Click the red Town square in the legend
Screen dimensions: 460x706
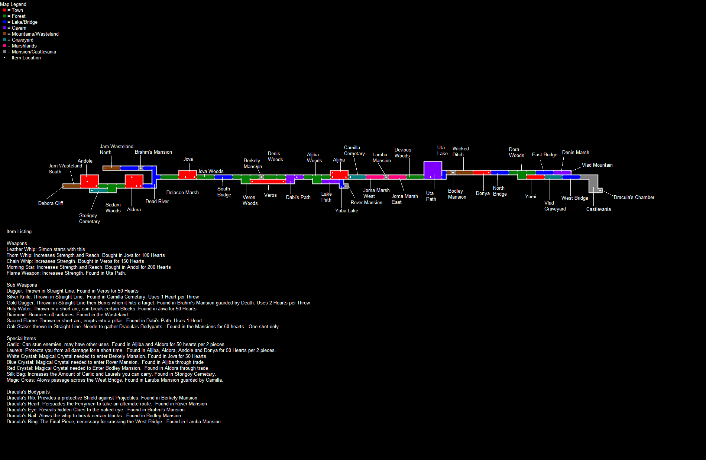pyautogui.click(x=4, y=10)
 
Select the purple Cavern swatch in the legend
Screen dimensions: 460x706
pyautogui.click(x=4, y=28)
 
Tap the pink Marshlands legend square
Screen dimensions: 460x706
pyautogui.click(x=4, y=46)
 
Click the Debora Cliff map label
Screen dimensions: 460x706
pyautogui.click(x=51, y=203)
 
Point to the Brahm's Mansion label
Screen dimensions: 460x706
pyautogui.click(x=153, y=152)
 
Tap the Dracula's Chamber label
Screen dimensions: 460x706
pyautogui.click(x=634, y=198)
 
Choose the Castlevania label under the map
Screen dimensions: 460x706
pyautogui.click(x=598, y=209)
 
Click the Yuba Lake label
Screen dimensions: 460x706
pyautogui.click(x=346, y=211)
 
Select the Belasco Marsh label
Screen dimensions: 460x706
pyautogui.click(x=182, y=193)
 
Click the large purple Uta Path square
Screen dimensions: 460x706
pyautogui.click(x=433, y=170)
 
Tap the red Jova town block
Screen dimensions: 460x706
pyautogui.click(x=187, y=174)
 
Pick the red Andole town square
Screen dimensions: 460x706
pyautogui.click(x=89, y=181)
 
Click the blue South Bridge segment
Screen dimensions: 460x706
pyautogui.click(x=223, y=177)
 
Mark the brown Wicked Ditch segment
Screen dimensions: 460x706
pyautogui.click(x=464, y=173)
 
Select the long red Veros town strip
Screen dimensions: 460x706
pyautogui.click(x=268, y=182)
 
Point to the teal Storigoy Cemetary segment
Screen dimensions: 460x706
pyautogui.click(x=98, y=190)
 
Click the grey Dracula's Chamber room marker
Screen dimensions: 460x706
pyautogui.click(x=600, y=190)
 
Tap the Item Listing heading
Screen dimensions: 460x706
pyautogui.click(x=19, y=232)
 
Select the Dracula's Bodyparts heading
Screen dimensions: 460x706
pyautogui.click(x=28, y=392)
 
